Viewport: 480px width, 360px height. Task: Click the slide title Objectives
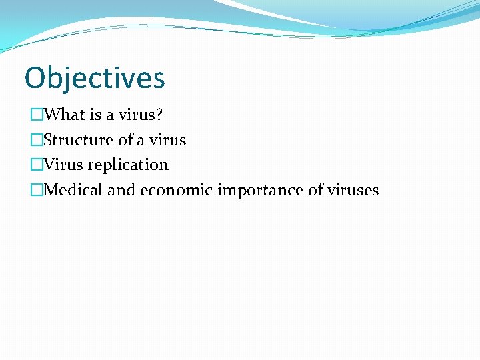tap(94, 78)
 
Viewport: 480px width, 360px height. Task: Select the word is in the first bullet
tap(96, 115)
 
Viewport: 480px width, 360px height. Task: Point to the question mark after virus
tap(159, 115)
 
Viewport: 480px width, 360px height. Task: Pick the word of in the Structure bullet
tap(125, 140)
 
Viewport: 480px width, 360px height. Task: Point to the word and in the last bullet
tap(121, 190)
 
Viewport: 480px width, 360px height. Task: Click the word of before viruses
tap(315, 190)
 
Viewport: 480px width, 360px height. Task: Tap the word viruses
tap(353, 190)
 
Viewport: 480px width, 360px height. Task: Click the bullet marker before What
tap(36, 115)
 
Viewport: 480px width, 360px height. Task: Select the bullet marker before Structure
tap(36, 140)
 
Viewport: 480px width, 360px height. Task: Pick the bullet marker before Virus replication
tap(36, 165)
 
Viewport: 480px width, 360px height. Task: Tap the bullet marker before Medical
tap(36, 190)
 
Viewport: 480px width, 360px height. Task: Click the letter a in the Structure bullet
tap(141, 141)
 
